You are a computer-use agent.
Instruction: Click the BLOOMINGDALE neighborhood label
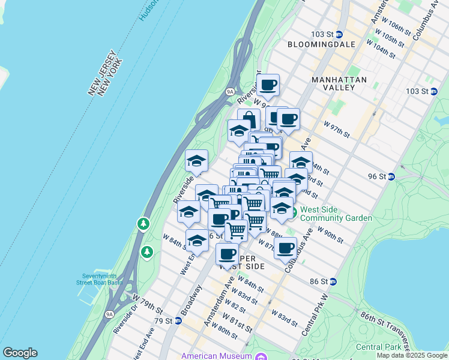(x=321, y=44)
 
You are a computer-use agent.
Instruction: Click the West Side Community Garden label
(x=336, y=214)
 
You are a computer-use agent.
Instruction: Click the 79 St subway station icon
(x=178, y=320)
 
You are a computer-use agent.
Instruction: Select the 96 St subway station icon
(x=391, y=176)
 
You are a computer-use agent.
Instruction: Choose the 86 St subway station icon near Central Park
(x=333, y=281)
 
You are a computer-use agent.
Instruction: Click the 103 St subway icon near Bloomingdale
(x=339, y=34)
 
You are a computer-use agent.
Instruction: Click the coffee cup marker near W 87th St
(x=286, y=247)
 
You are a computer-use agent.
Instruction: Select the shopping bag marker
(x=249, y=119)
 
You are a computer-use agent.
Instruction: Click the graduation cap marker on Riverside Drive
(x=196, y=161)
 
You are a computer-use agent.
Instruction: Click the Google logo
(x=20, y=353)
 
